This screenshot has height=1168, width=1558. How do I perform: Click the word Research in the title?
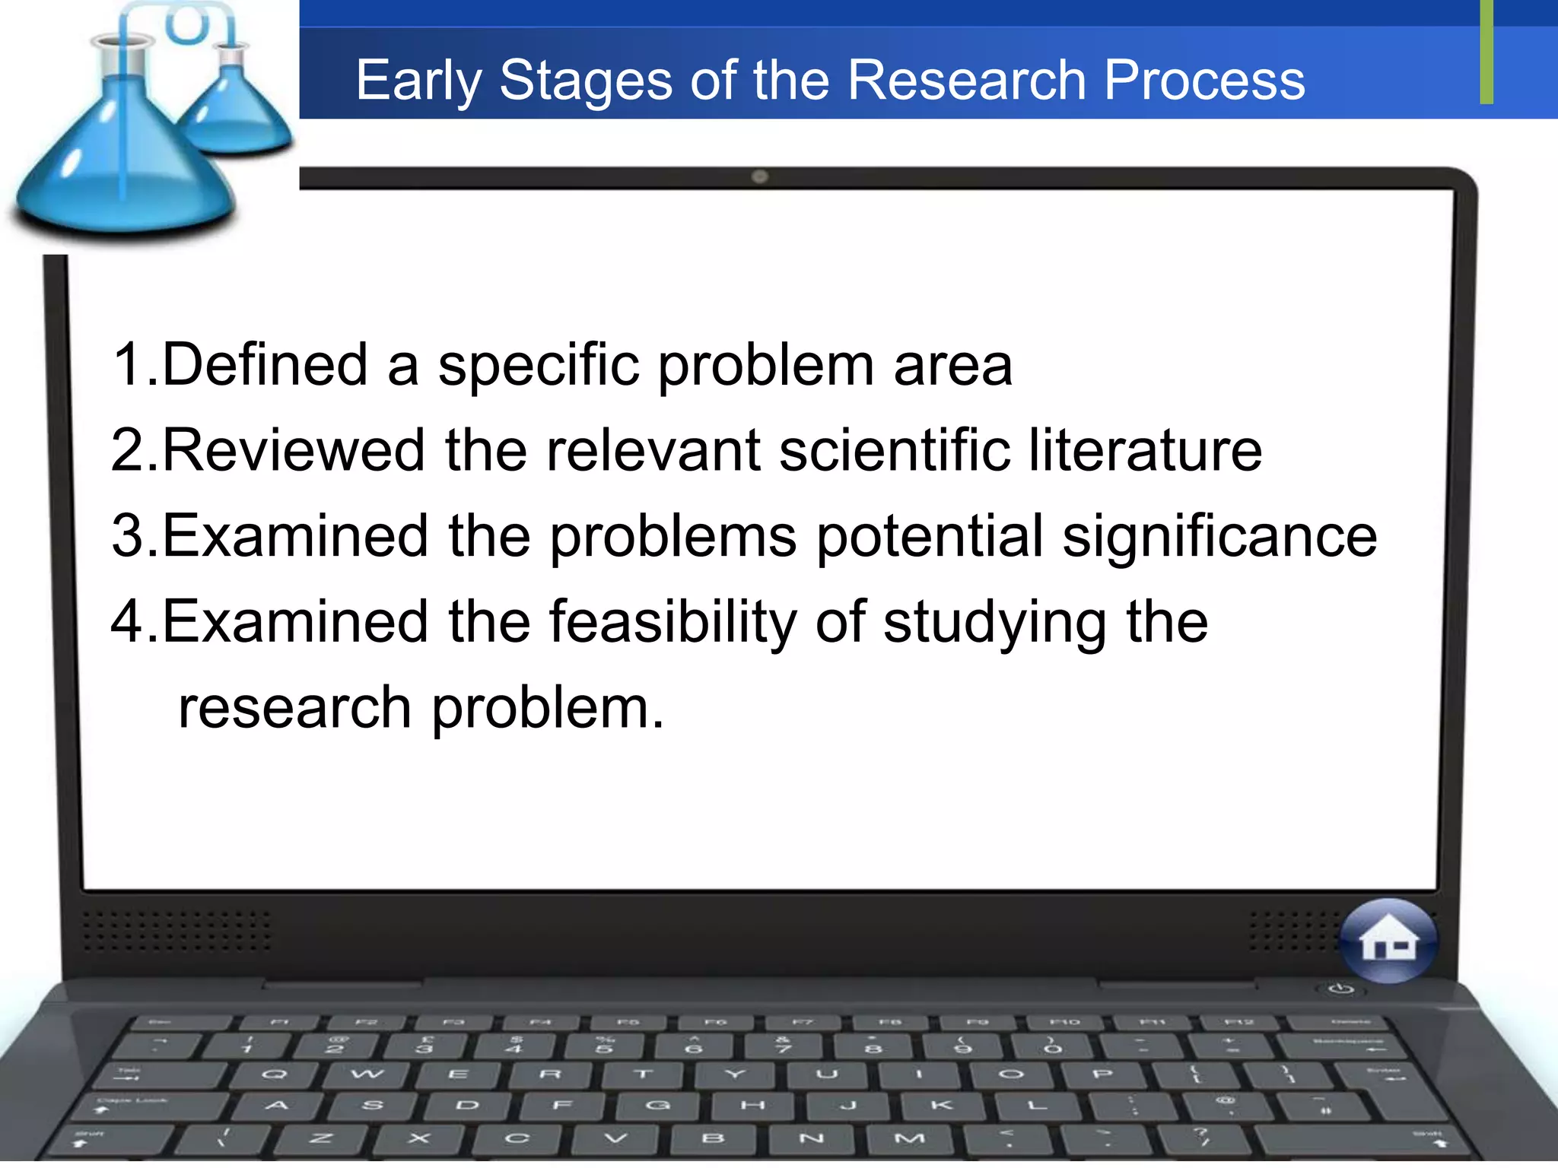coord(966,80)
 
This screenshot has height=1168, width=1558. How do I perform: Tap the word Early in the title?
coord(418,81)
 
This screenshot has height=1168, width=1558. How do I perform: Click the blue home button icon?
coord(1388,941)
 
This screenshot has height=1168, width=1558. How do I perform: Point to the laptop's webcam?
coord(759,177)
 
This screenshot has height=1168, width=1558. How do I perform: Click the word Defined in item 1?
coord(265,364)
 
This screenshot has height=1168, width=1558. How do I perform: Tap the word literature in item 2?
coord(1145,450)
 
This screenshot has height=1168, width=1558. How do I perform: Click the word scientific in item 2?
coord(895,450)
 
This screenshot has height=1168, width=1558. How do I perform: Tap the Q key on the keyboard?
coord(274,1074)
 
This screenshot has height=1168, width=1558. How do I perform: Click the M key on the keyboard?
coord(909,1138)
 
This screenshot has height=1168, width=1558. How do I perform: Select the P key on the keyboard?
coord(1102,1074)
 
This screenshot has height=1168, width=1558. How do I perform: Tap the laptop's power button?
coord(1340,989)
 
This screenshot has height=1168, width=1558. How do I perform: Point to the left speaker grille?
coord(176,931)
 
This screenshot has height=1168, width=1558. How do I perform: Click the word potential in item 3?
coord(930,537)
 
